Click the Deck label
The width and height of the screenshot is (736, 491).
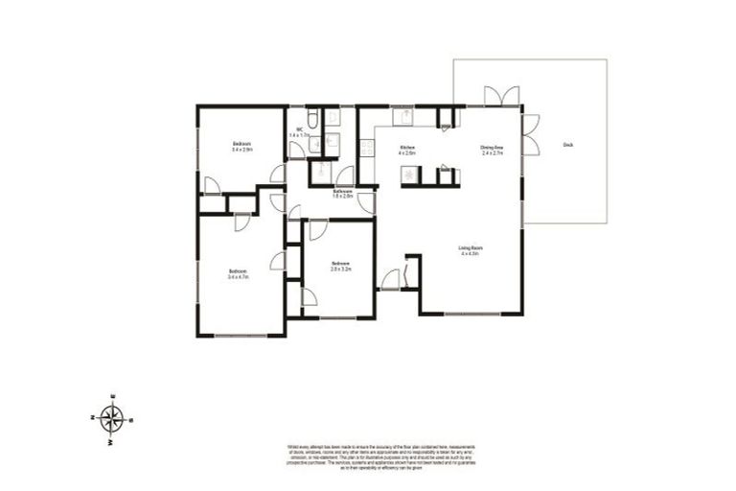click(x=568, y=144)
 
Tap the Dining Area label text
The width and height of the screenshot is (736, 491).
click(x=492, y=149)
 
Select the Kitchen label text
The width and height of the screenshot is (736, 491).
click(x=407, y=149)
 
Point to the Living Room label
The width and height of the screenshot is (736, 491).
click(x=470, y=250)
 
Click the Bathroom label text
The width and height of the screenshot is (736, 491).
click(x=343, y=194)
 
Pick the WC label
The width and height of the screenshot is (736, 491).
click(x=299, y=132)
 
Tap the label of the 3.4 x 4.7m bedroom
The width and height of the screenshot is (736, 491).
click(x=239, y=274)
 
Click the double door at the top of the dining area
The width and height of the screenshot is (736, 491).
click(x=501, y=96)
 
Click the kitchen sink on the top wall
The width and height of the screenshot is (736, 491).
click(x=404, y=117)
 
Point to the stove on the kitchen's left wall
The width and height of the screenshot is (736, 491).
click(x=366, y=149)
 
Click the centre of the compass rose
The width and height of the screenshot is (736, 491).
click(x=113, y=418)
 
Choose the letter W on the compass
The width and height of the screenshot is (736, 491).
click(x=111, y=441)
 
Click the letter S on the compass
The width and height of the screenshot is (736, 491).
click(x=131, y=420)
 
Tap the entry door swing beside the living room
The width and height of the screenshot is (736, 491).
click(x=390, y=280)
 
